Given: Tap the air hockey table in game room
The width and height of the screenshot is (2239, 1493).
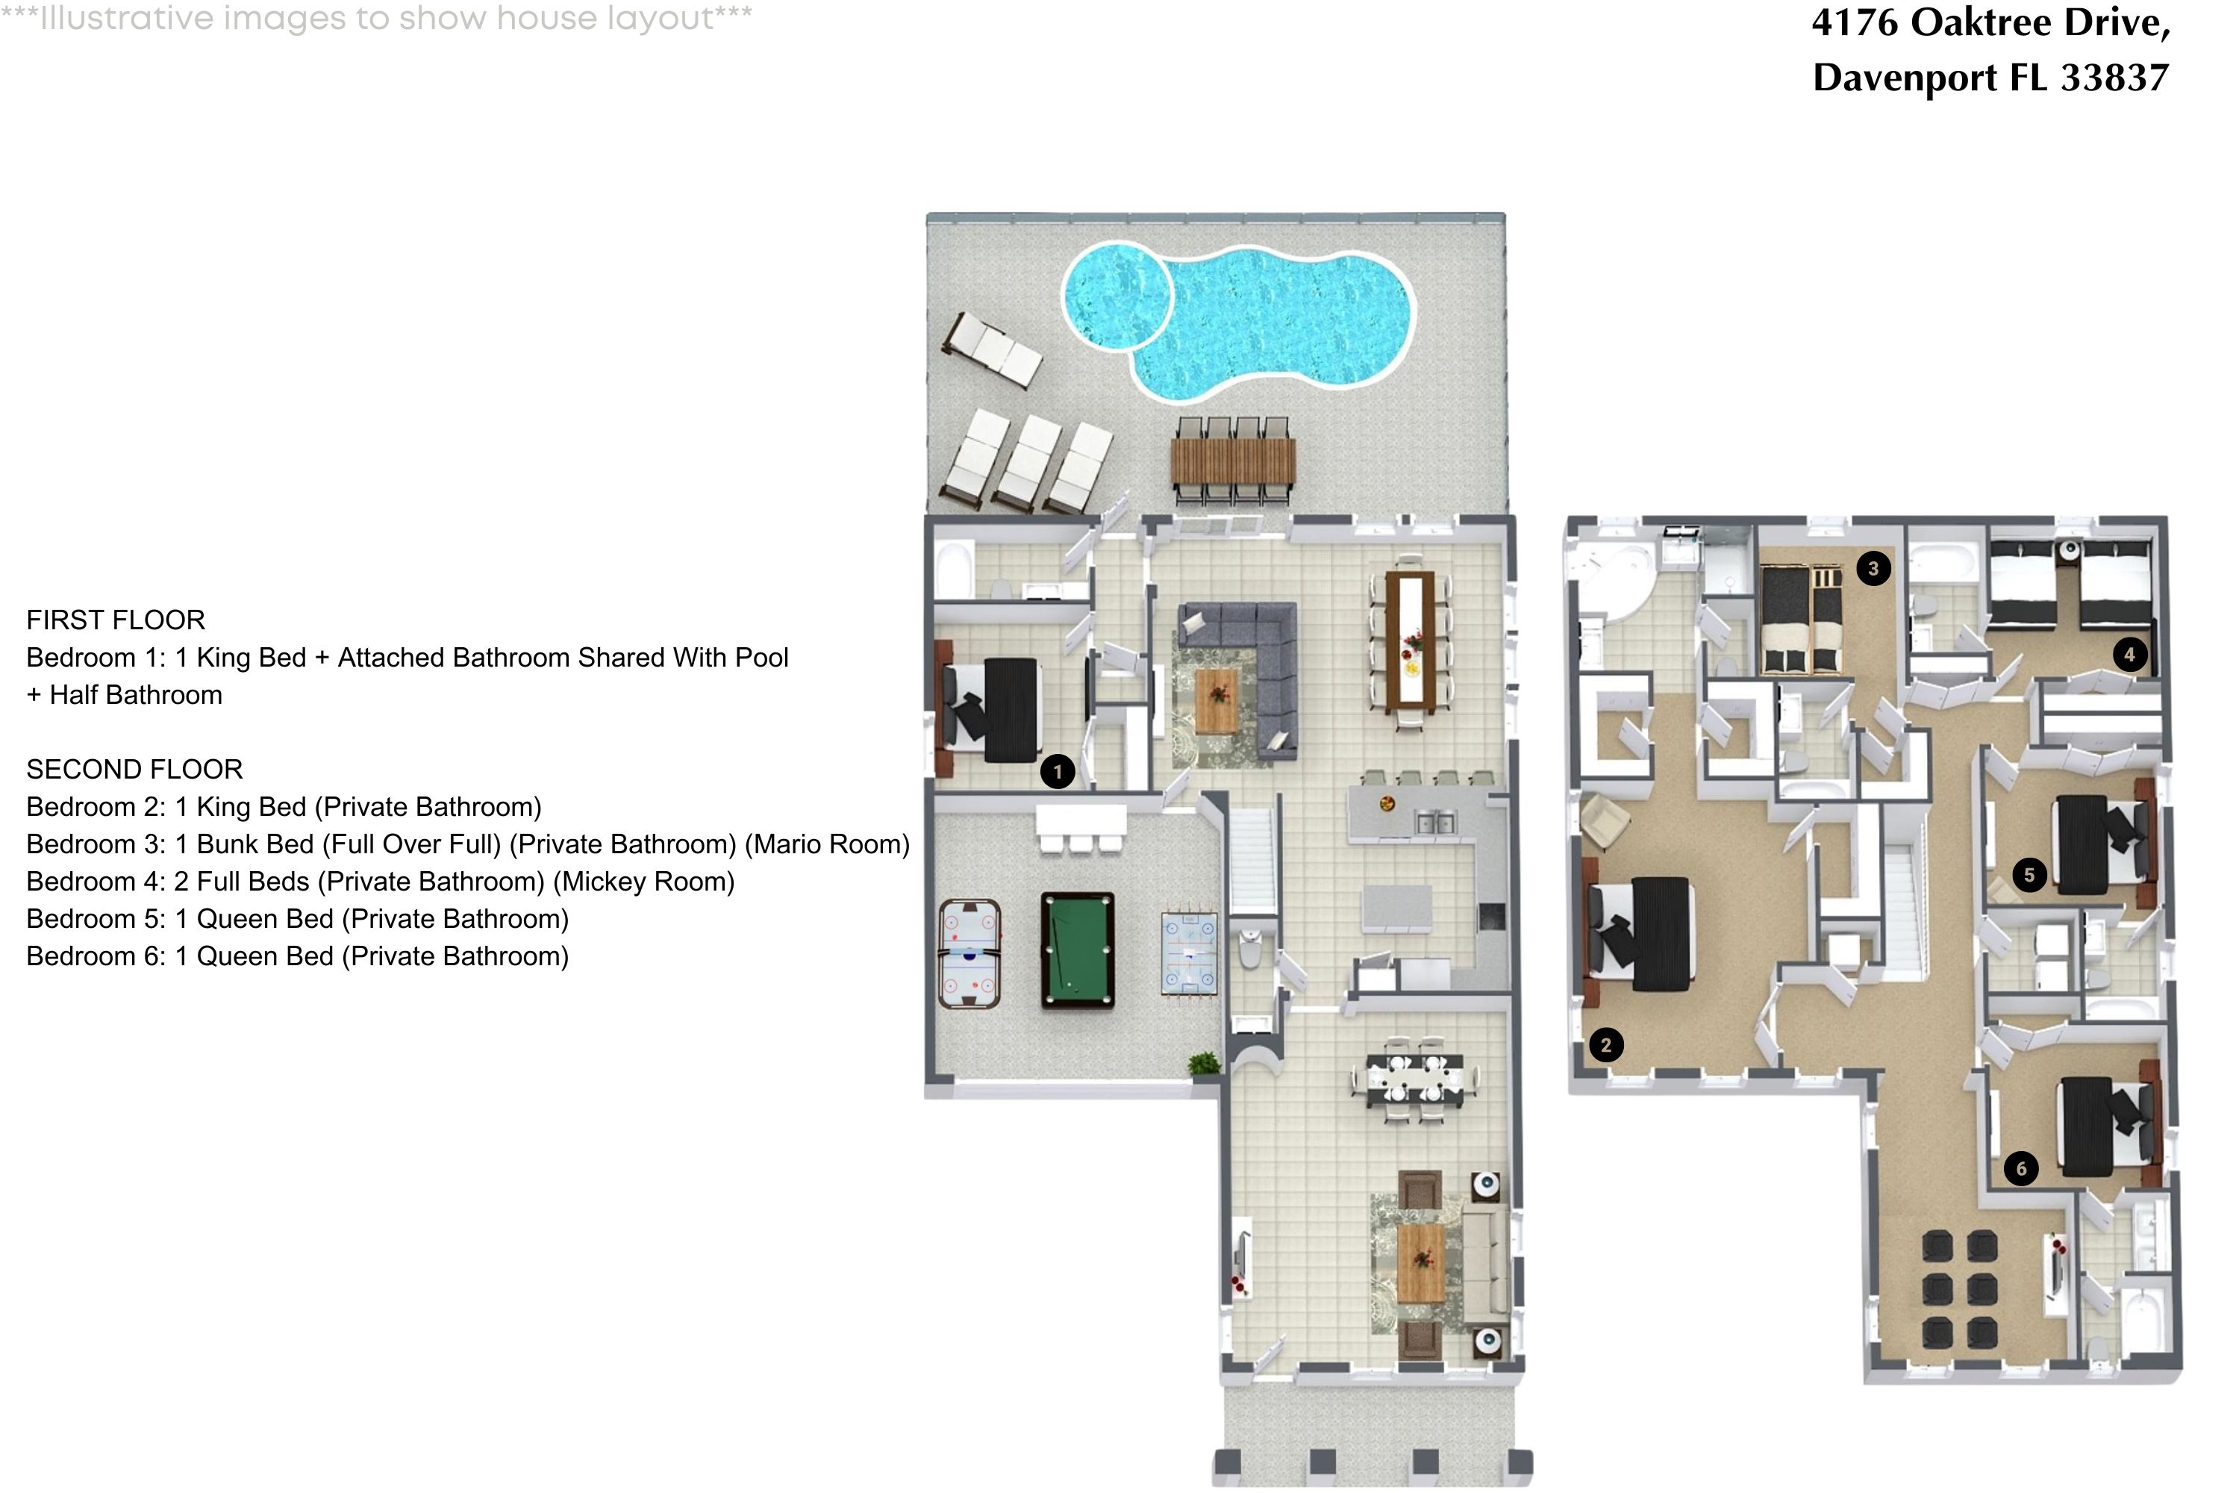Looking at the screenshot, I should (x=968, y=954).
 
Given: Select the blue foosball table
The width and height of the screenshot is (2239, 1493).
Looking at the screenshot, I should (x=1189, y=954).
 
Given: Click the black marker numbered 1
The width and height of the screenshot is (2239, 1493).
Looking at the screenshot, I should (x=1058, y=771).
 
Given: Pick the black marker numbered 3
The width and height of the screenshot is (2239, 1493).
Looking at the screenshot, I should (x=1873, y=570).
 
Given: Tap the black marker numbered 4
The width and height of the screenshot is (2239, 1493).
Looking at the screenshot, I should (x=2129, y=654).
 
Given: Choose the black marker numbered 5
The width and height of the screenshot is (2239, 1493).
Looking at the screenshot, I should (x=2029, y=875).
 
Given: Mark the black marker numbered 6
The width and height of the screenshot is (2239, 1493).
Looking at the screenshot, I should (x=2021, y=1169).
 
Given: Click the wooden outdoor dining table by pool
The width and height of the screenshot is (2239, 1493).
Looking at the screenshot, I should (x=1233, y=461).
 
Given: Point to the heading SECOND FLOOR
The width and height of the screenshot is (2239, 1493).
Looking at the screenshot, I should (x=134, y=770).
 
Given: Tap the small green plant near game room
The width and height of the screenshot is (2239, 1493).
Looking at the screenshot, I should (x=1205, y=1062).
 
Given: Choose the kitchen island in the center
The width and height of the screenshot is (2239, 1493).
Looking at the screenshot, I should (x=1396, y=908).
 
